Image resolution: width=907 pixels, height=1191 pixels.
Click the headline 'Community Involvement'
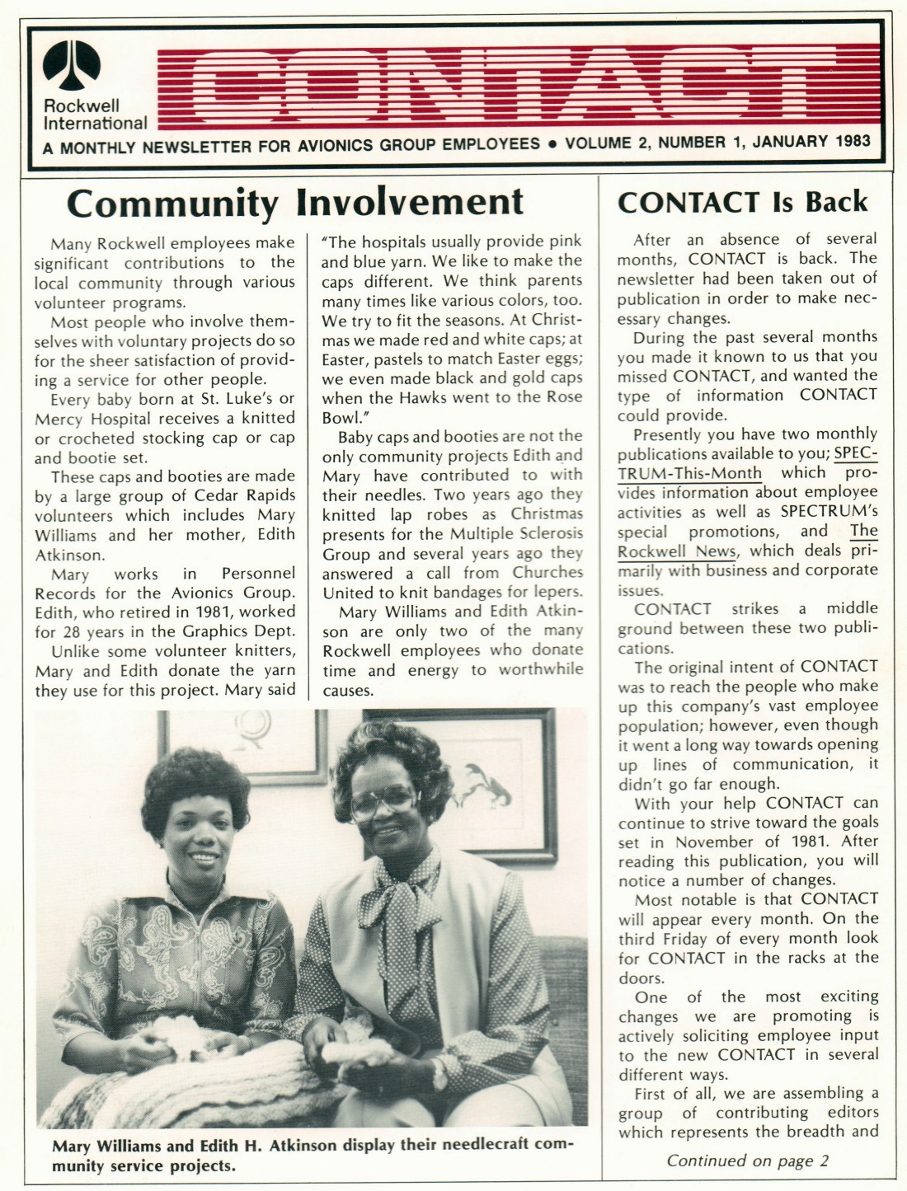[295, 202]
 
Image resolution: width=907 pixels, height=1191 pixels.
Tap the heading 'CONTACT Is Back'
[742, 202]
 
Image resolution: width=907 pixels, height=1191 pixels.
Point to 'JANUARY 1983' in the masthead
[811, 141]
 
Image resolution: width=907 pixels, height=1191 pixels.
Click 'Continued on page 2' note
[747, 1161]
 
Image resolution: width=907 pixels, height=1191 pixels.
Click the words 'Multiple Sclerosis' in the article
[516, 533]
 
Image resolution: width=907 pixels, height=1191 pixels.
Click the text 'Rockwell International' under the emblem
[95, 115]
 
